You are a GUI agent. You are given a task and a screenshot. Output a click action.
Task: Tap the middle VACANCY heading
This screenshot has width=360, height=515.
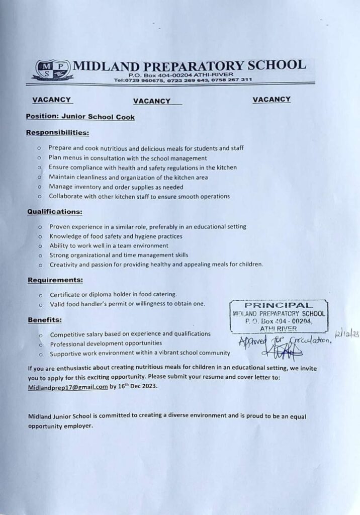(x=152, y=101)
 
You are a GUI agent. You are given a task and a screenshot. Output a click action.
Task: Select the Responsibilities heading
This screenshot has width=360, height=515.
(x=57, y=133)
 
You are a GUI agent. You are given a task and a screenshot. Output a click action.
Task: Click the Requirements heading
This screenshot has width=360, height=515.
(x=55, y=280)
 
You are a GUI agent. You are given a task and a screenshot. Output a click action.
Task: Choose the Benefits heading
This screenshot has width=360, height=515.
(x=45, y=319)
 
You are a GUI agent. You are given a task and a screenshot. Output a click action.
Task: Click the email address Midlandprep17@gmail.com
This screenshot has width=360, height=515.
(x=68, y=387)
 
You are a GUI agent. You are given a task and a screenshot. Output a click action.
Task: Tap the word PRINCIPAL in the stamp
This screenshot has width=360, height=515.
(x=279, y=305)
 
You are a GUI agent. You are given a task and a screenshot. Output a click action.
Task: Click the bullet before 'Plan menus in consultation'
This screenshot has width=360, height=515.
(x=39, y=158)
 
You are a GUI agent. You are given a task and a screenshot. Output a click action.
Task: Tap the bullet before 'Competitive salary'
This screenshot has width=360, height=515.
(x=40, y=334)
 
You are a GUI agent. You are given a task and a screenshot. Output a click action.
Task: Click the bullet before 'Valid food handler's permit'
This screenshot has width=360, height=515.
(x=40, y=304)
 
